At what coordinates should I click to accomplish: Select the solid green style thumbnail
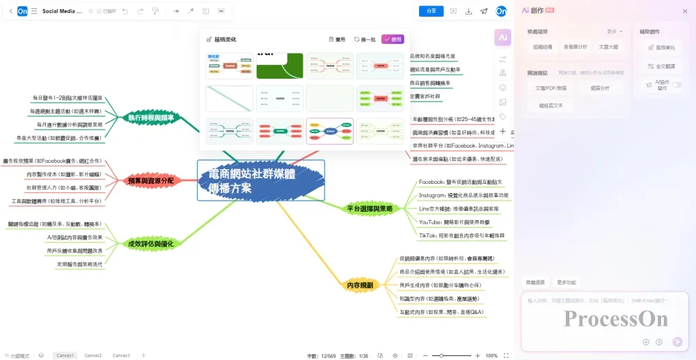279,66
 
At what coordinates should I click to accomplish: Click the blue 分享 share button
431,11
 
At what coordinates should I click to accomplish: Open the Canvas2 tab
93,355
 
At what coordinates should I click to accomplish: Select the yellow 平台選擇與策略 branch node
370,208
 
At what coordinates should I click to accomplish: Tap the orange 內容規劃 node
360,285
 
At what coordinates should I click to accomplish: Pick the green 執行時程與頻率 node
151,118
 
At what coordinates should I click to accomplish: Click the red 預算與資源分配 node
151,181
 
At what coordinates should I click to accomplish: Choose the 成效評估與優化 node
151,244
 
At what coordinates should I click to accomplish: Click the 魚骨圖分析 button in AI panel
575,47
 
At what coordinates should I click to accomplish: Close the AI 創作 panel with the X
685,10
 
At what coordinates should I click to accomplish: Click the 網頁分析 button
600,88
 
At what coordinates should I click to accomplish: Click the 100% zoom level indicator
491,355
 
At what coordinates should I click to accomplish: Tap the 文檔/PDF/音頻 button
551,88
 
